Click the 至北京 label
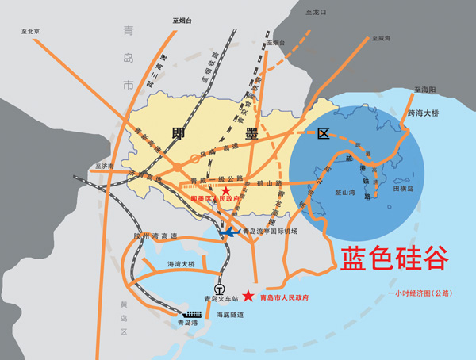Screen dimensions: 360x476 click(31, 31)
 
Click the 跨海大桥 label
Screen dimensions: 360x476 click(423, 113)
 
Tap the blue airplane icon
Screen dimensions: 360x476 click(229, 232)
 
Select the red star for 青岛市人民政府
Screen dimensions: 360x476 click(249, 297)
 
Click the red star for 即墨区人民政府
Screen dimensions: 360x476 click(226, 191)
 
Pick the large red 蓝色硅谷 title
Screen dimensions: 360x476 click(394, 259)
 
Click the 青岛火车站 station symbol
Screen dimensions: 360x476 click(220, 289)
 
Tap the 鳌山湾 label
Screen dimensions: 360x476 click(345, 191)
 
